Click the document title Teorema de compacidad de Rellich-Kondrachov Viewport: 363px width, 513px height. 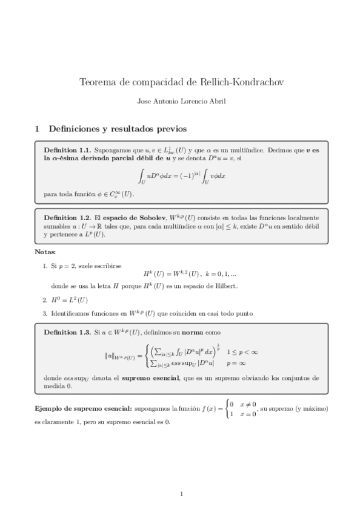[x=181, y=82]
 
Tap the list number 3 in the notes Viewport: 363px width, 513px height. [x=45, y=313]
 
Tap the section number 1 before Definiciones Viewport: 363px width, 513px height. [x=37, y=129]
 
